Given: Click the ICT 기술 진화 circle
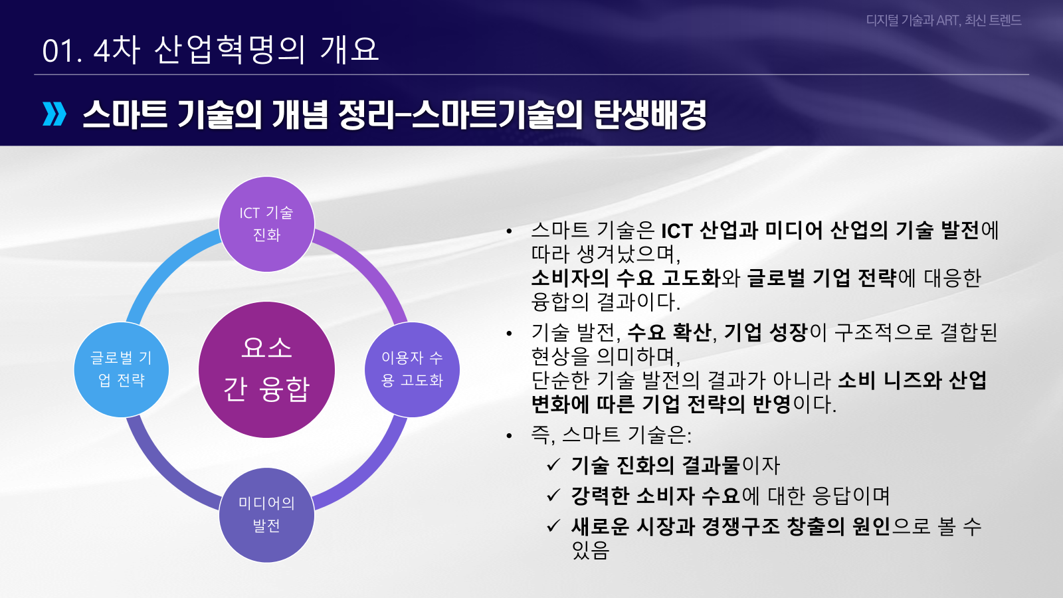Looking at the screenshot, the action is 266,224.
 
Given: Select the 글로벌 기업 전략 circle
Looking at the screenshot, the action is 121,369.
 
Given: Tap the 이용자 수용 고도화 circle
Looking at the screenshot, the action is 412,369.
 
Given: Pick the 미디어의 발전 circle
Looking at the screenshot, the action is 266,515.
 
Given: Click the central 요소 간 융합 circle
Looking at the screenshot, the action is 266,369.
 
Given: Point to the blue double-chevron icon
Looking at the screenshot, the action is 54,114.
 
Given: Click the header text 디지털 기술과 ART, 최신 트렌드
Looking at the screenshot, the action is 943,21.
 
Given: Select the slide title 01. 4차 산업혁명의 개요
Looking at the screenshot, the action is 210,50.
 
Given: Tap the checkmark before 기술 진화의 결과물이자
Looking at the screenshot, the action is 553,465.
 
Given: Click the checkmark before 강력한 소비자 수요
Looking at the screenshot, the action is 553,496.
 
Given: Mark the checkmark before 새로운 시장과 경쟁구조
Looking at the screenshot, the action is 553,526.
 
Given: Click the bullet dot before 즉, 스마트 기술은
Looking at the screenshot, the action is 509,436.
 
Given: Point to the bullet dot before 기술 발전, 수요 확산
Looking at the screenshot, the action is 509,334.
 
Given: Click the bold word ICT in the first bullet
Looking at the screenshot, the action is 676,231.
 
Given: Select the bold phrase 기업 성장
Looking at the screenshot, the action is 765,332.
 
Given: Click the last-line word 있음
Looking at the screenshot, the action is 590,550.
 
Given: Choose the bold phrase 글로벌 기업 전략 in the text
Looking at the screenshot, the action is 821,278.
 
